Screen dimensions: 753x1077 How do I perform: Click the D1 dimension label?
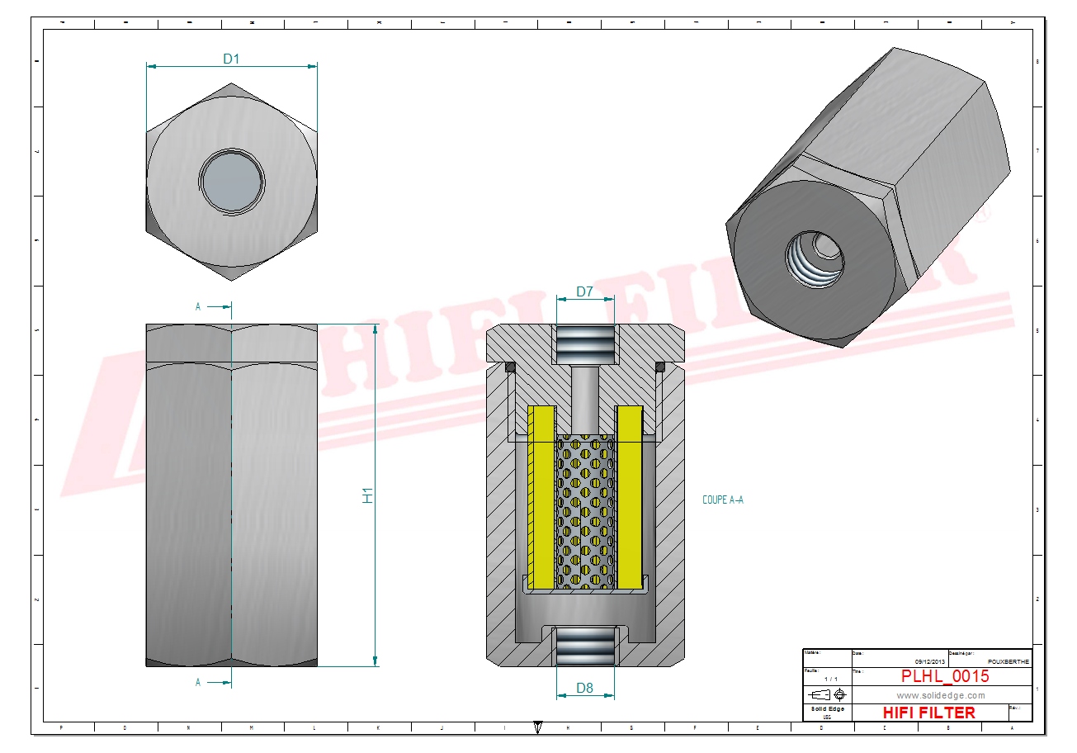(x=231, y=59)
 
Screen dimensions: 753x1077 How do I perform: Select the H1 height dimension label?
(x=368, y=495)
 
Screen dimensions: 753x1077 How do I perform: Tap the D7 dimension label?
(x=584, y=291)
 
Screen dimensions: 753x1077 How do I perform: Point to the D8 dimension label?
(x=584, y=687)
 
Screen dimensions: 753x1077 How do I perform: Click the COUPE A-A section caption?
(x=722, y=500)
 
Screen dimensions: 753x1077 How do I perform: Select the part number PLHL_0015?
(x=944, y=676)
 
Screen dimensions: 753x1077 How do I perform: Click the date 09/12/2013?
(x=930, y=661)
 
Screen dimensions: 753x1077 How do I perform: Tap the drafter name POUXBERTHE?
(x=1008, y=661)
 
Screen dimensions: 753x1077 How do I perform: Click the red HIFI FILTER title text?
(x=928, y=712)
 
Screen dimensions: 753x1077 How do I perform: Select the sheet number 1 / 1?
(x=828, y=679)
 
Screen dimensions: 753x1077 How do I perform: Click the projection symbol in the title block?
(x=828, y=695)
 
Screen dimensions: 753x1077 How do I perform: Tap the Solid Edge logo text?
(x=827, y=709)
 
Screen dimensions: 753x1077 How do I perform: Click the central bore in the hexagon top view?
(x=232, y=179)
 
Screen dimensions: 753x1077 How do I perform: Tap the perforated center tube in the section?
(x=585, y=512)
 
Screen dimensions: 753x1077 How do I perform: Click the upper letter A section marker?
(x=198, y=306)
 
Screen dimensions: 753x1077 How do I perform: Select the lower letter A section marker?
(x=198, y=682)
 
